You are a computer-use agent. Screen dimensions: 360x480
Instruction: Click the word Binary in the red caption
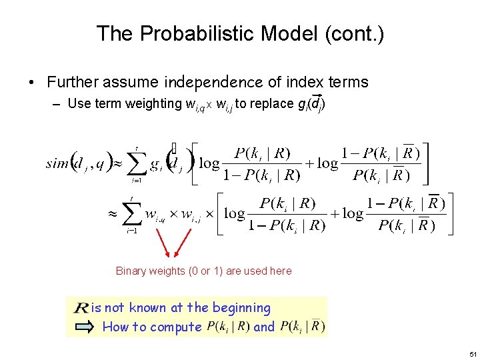(x=131, y=271)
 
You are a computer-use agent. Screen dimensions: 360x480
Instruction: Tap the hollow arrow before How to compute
(x=85, y=327)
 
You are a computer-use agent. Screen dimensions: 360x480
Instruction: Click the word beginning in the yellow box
(x=239, y=308)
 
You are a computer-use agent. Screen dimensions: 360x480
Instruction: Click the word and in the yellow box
(x=264, y=327)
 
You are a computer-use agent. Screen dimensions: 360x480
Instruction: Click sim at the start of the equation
(x=57, y=163)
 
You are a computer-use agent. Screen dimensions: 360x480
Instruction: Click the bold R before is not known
(x=81, y=308)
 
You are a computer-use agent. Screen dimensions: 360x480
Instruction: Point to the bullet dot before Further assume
(x=31, y=83)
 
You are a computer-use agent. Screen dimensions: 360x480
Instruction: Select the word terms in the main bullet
(x=347, y=83)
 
